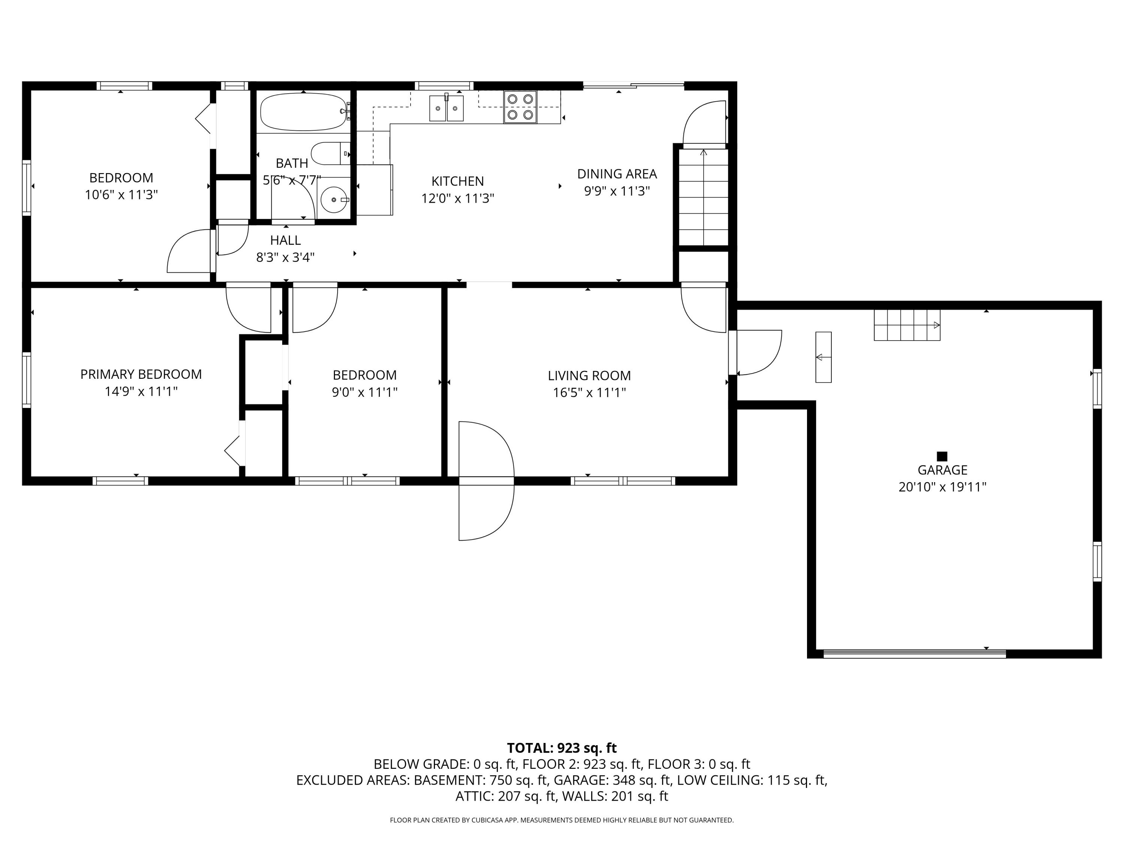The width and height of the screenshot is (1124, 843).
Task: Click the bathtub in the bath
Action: (303, 112)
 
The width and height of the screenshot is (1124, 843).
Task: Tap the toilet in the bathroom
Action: (329, 154)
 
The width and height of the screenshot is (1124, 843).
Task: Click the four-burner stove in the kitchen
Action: (520, 107)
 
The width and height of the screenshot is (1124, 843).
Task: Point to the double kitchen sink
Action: (446, 108)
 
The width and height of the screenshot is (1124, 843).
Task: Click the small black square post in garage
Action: (942, 456)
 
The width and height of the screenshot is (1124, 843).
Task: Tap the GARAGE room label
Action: (942, 470)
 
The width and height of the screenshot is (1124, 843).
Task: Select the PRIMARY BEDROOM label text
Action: (141, 375)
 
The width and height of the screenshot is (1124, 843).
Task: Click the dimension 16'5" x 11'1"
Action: (589, 393)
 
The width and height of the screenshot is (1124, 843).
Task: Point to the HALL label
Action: (285, 241)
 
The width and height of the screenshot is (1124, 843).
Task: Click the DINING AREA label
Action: (617, 174)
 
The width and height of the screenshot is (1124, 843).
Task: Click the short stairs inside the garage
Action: (907, 325)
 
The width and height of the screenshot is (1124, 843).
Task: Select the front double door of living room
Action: (486, 481)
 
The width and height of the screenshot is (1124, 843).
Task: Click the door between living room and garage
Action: (755, 353)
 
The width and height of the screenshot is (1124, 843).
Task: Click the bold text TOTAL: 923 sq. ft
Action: (562, 748)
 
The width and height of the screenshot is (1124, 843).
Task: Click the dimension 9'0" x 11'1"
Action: (364, 392)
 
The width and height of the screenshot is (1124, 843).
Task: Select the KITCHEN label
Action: (457, 181)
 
